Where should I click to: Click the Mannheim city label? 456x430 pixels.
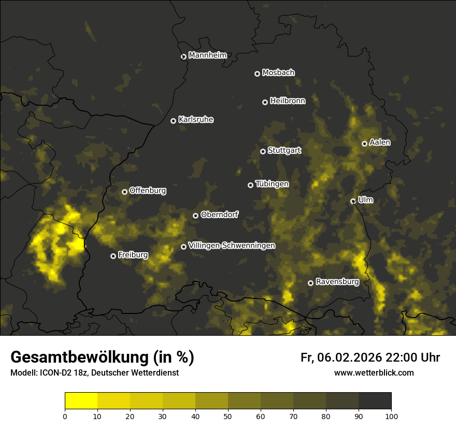tap(207, 55)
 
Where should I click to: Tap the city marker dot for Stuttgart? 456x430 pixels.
tap(263, 151)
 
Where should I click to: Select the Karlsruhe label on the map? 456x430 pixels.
tap(195, 120)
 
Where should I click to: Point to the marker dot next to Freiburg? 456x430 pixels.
tap(113, 256)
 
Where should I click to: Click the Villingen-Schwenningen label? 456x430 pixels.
tap(232, 246)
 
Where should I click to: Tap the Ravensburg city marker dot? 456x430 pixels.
tap(310, 283)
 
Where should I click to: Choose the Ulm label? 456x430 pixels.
tap(365, 200)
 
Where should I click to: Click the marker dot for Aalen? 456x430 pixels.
tap(364, 144)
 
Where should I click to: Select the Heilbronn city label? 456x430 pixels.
tap(288, 101)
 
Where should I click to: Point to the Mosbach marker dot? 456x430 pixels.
tap(257, 74)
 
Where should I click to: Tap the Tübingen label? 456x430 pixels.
tap(272, 184)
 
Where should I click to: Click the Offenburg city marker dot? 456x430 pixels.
tap(124, 192)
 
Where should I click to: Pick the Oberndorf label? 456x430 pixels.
tap(219, 214)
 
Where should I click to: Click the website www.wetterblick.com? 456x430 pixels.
tap(374, 372)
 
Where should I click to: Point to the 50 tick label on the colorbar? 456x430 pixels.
tap(228, 415)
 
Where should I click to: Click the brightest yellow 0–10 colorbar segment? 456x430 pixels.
tap(81, 401)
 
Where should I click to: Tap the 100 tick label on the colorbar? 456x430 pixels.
tap(391, 415)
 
